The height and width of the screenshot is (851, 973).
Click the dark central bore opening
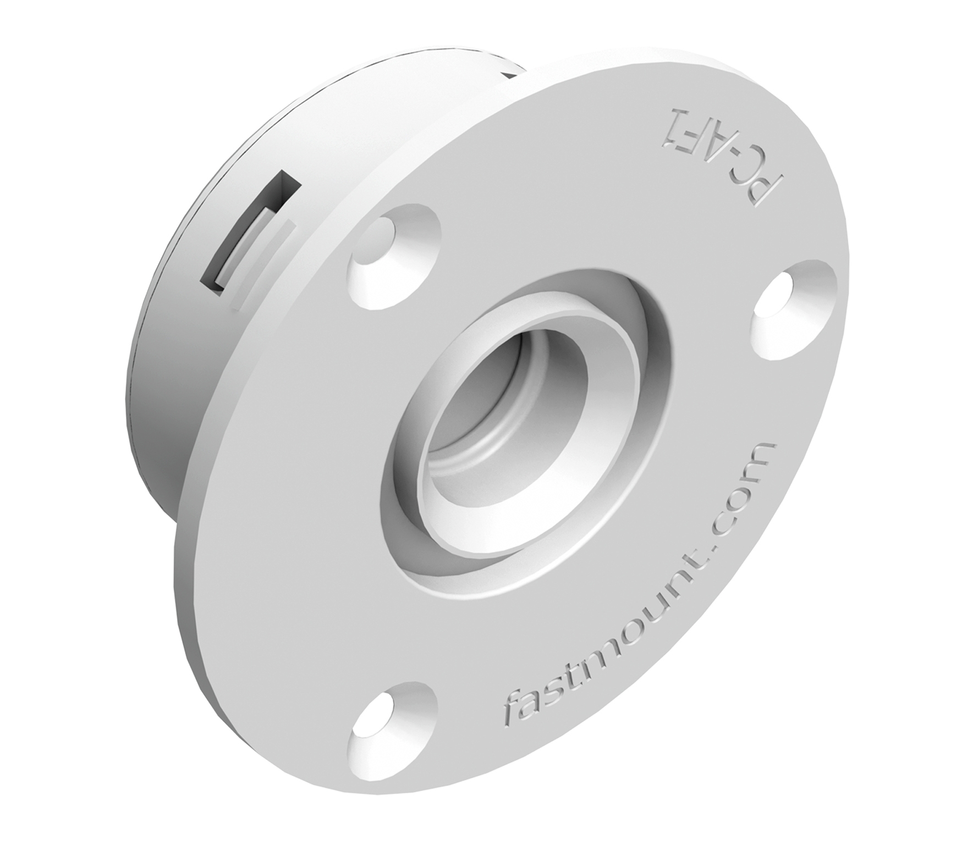click(x=495, y=418)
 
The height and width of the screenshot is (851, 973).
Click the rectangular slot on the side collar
click(x=250, y=231)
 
